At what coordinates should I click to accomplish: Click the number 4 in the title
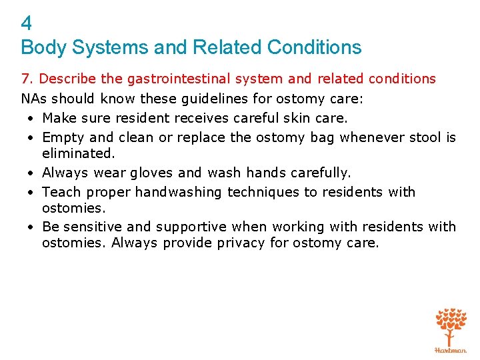26,24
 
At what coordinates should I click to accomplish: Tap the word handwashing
179,192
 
